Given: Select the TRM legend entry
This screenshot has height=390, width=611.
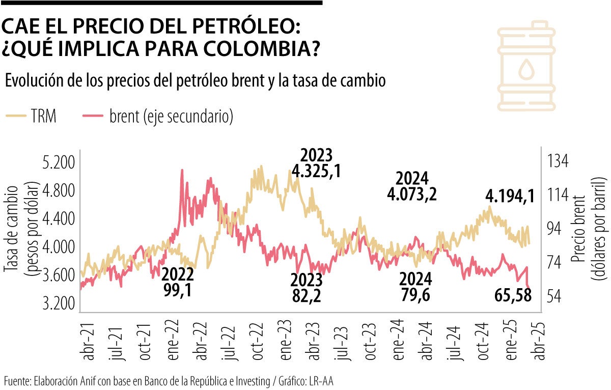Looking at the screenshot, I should [31, 117].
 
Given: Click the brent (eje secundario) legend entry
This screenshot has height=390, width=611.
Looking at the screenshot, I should [157, 117].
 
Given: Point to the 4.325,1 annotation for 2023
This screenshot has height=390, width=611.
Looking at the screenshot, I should [316, 171].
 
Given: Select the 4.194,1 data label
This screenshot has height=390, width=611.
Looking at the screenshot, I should [510, 196].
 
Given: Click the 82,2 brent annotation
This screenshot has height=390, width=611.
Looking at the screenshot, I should [306, 295].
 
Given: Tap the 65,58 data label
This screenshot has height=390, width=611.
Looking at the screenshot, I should [513, 294].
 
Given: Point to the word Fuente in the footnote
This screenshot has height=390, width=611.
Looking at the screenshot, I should [18, 381].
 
